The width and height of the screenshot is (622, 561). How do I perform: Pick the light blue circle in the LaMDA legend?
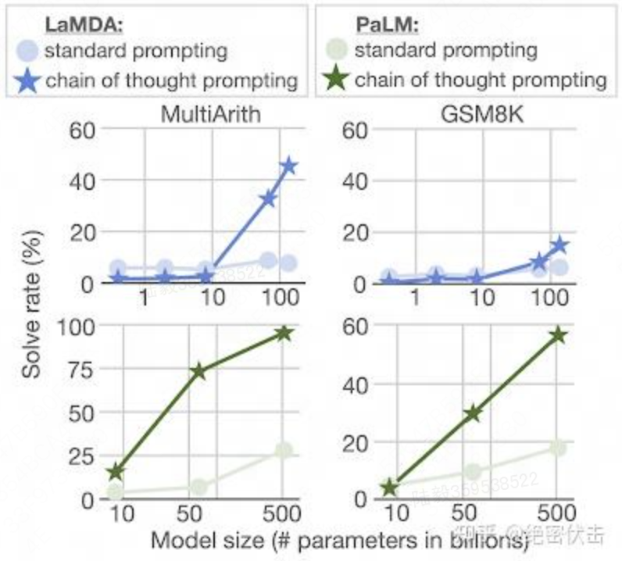coord(30,52)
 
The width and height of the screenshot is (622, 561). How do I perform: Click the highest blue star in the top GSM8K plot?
coord(559,245)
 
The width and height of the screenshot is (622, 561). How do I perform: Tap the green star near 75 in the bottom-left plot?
coord(198,371)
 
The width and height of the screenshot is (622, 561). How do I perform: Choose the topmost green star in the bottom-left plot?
coord(284,333)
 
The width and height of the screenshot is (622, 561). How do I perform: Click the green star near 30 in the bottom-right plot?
coord(472,413)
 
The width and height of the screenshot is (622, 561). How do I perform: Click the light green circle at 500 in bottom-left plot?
coord(284,451)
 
